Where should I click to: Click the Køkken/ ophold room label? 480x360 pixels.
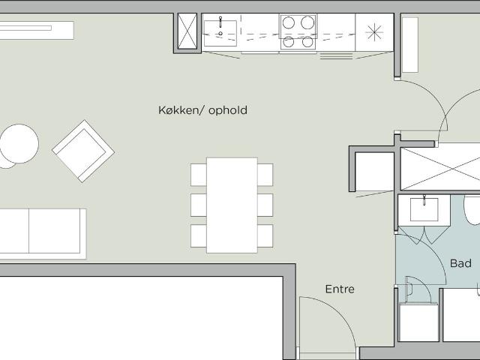click(x=202, y=110)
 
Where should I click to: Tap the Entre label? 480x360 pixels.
click(x=340, y=289)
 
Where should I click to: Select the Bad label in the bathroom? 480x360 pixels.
click(x=460, y=263)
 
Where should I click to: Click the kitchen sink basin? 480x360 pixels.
click(x=220, y=33)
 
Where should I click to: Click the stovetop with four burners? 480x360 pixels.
click(x=298, y=31)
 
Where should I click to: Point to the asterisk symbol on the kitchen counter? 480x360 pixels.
click(x=374, y=32)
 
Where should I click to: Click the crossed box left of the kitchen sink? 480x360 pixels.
click(x=187, y=31)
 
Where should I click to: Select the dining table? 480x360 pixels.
click(x=232, y=205)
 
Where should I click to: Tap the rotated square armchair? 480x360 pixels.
click(x=83, y=151)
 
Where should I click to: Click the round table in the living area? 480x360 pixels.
click(x=19, y=143)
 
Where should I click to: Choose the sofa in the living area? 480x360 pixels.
click(x=43, y=234)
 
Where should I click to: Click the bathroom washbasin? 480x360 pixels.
click(x=424, y=209)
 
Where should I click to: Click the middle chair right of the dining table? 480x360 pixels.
click(x=265, y=205)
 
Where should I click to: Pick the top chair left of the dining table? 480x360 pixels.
click(x=199, y=175)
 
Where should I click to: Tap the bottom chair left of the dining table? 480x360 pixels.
click(x=199, y=236)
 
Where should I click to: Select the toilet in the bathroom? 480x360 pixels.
click(x=472, y=210)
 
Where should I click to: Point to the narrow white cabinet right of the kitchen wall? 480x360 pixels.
click(x=410, y=45)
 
